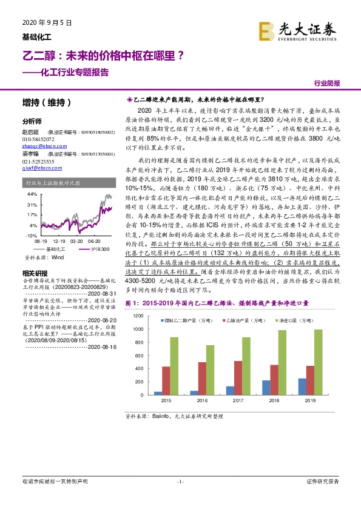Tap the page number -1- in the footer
(180, 481)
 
